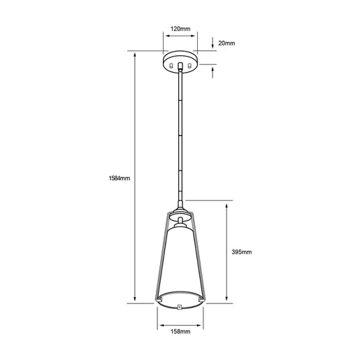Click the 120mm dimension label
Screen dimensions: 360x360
point(180,29)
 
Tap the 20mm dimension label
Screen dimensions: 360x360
point(226,43)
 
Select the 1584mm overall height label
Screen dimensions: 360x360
point(120,178)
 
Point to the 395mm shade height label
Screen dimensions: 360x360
point(242,252)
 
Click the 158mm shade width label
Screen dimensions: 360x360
point(180,331)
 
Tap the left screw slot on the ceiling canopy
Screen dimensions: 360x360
point(171,66)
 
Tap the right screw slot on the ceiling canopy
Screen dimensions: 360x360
point(189,66)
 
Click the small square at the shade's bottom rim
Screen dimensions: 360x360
point(180,308)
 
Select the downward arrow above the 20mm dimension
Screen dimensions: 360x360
point(213,43)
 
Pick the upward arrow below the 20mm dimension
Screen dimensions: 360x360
point(213,72)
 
